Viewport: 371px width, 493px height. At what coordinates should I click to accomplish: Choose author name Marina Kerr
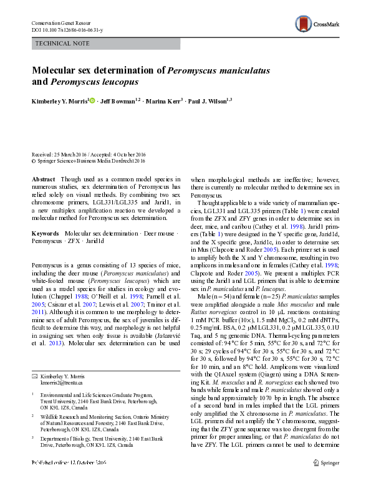point(165,100)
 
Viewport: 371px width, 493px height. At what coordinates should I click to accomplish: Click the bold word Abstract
point(42,178)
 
